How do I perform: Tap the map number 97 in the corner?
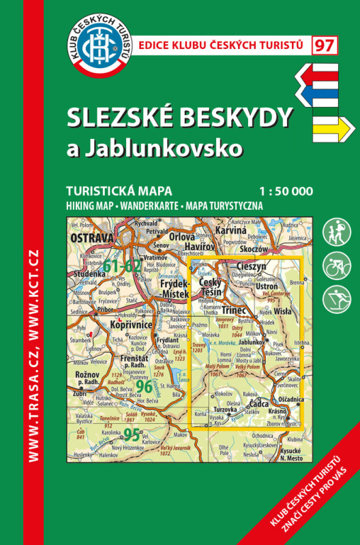325,46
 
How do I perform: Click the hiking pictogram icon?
333,231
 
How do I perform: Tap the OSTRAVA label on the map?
91,238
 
